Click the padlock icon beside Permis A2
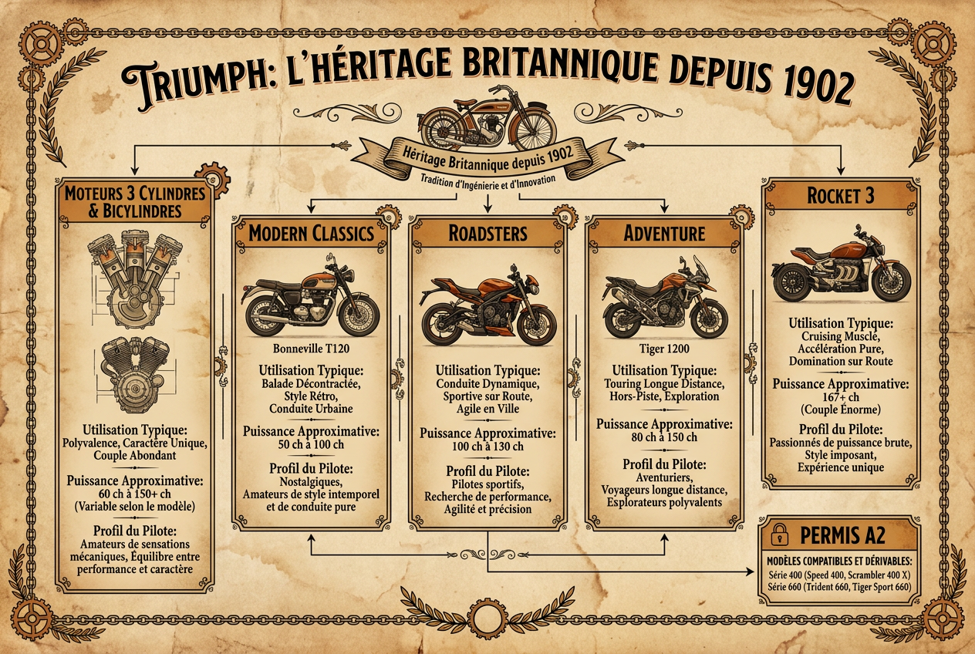pos(779,534)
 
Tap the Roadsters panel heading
pos(487,234)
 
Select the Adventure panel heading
pos(664,234)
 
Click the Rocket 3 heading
pos(841,196)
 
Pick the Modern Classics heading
pos(311,234)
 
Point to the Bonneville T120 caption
pos(311,349)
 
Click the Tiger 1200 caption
pos(664,349)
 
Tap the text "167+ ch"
pos(841,397)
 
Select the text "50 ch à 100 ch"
pos(311,445)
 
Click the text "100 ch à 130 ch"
pos(487,447)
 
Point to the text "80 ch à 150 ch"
pos(664,437)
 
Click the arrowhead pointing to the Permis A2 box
pos(751,571)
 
